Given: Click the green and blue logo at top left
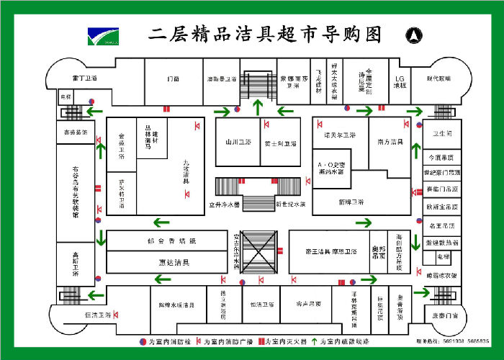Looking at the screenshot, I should (103, 35).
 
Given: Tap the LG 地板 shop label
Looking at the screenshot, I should (400, 82).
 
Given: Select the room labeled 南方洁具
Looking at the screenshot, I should (390, 143).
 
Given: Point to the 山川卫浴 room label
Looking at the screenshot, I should (237, 143).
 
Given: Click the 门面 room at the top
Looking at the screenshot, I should (174, 78).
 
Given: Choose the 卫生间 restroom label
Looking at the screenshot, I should (442, 134).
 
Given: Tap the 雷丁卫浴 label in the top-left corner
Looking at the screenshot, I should (85, 78).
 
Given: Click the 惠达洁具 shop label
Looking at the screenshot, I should (174, 262).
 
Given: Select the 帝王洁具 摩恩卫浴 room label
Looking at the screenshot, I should (328, 251).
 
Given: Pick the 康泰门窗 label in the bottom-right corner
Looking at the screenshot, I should (445, 315).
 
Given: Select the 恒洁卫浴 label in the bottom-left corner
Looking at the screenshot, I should (98, 315).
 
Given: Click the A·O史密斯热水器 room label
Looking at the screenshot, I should (330, 168).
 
